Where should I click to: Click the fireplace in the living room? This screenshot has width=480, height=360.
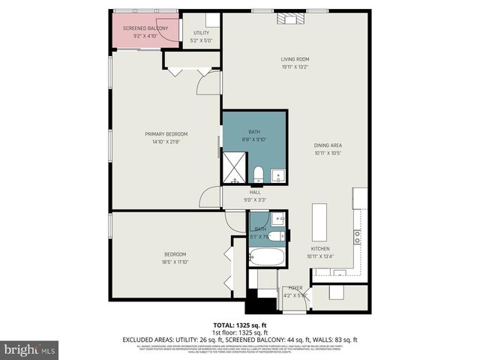coord(288,19)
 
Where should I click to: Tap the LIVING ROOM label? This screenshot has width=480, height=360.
coord(295,59)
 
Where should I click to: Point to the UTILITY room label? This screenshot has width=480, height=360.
coord(202,33)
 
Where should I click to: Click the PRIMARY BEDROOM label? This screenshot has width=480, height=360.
coord(166,134)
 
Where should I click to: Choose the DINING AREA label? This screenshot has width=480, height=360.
coord(328,145)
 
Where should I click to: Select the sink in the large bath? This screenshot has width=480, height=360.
coord(277,176)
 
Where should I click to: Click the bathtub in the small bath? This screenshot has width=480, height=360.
coord(266,256)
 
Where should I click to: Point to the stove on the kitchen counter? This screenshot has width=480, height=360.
coord(358,237)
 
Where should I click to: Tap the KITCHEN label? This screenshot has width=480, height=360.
coord(320,249)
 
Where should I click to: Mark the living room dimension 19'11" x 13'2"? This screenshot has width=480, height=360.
coord(295,66)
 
